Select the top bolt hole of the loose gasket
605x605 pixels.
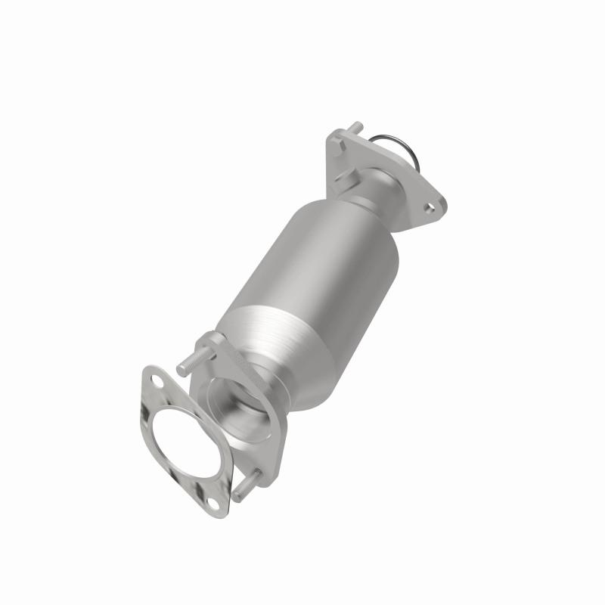click(154, 380)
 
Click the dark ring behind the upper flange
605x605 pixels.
click(409, 147)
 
